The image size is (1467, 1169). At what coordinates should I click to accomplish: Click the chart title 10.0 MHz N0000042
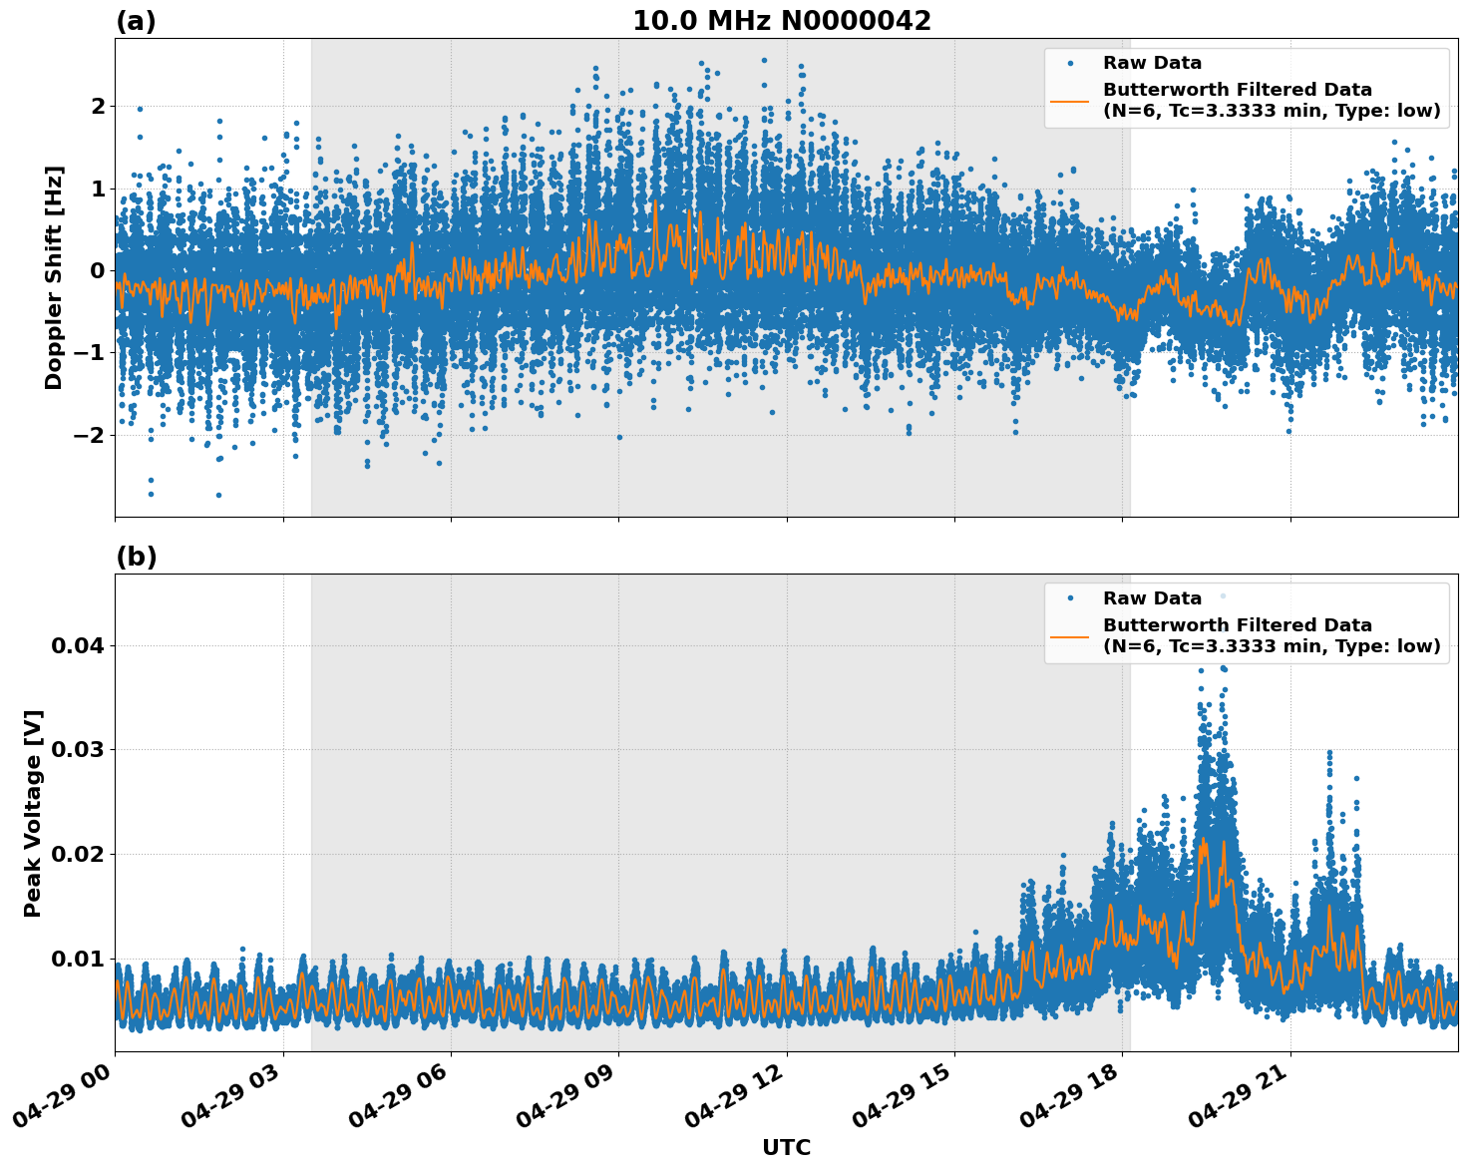point(781,21)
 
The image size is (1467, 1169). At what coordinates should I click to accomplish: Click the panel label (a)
point(136,21)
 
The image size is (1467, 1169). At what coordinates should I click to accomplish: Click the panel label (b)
point(136,557)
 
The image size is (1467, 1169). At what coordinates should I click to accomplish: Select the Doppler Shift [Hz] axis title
point(54,277)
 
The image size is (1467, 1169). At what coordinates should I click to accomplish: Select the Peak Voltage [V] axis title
point(33,813)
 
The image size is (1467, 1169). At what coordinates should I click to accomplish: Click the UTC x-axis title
point(786,1147)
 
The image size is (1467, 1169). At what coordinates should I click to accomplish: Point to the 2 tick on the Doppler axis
point(98,106)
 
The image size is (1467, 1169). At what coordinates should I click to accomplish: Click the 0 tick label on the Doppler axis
point(98,270)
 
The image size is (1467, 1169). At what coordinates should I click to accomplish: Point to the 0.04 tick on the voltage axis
point(78,645)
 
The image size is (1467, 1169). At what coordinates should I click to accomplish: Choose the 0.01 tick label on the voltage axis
point(78,959)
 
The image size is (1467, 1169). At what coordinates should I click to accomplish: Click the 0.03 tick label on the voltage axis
point(78,750)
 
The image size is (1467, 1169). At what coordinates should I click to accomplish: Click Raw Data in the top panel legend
point(1152,64)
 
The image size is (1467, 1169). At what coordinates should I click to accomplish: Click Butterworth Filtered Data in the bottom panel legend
point(1237,625)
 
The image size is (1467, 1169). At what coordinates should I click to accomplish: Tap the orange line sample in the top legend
point(1070,101)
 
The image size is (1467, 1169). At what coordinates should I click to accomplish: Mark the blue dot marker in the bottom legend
point(1070,598)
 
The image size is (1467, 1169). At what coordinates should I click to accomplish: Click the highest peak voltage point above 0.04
point(1223,596)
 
